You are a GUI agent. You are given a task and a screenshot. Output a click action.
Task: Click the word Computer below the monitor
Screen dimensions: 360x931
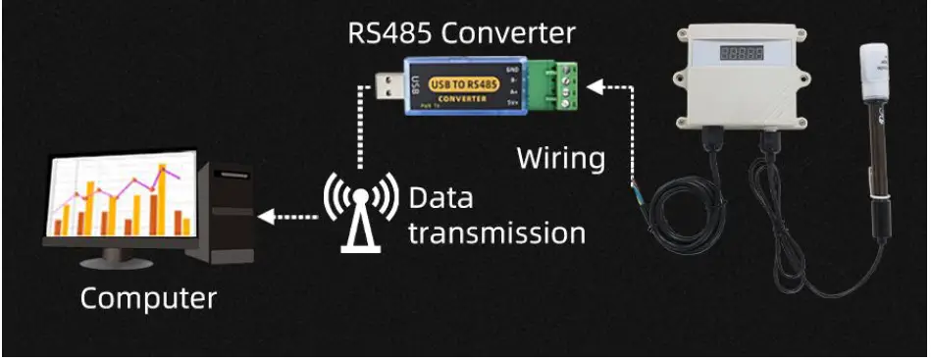pos(148,297)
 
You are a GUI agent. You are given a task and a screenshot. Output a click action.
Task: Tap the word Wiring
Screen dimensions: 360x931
pos(560,157)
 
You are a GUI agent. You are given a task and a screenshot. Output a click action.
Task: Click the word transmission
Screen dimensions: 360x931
pos(496,233)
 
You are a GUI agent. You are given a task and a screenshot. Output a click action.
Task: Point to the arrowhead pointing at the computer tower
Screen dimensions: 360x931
pos(264,214)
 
